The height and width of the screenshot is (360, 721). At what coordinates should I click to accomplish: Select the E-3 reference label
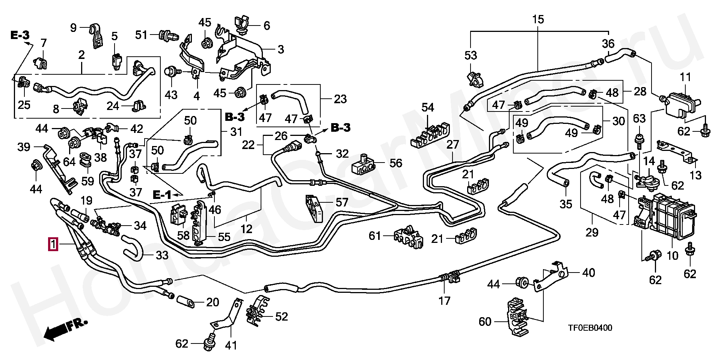point(20,36)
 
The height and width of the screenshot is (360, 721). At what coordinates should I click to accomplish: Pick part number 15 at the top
point(538,19)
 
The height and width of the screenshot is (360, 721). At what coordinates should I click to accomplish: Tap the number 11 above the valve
point(685,78)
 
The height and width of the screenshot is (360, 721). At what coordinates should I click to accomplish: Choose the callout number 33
point(162,256)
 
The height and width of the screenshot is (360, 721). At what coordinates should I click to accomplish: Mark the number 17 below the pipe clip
point(445,301)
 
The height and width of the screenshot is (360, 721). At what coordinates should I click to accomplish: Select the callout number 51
point(142,35)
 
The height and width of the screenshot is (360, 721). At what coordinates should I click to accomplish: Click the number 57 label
point(342,203)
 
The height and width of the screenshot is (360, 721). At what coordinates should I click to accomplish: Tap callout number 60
point(485,322)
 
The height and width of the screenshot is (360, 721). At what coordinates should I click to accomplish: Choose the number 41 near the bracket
point(231,345)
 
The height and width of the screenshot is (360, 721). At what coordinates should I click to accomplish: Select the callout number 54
point(428,108)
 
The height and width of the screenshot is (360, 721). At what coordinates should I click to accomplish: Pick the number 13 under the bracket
point(696,175)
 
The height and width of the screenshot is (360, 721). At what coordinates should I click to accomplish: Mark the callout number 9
point(74,27)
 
